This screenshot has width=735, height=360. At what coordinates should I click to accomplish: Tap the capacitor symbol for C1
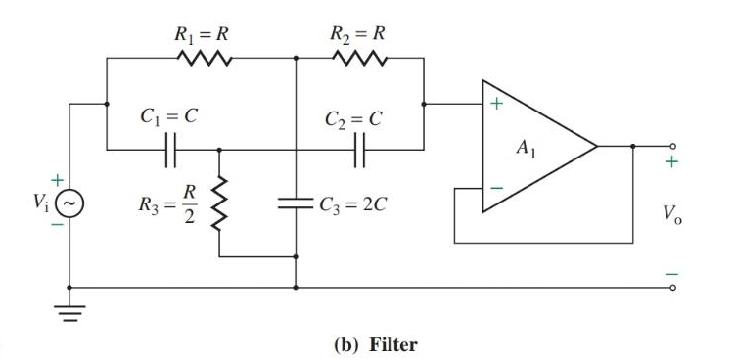tap(170, 151)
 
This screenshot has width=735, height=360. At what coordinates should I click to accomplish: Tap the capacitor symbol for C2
tap(360, 151)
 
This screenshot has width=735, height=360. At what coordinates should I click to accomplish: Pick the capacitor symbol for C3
tap(296, 204)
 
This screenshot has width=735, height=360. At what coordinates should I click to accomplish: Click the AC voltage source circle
tap(69, 204)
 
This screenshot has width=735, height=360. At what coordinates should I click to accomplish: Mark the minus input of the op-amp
tap(496, 185)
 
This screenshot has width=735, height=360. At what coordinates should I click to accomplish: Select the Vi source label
tap(40, 205)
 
